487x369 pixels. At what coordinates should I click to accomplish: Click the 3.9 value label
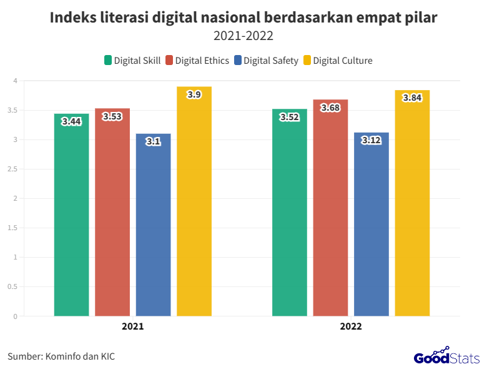[194, 94]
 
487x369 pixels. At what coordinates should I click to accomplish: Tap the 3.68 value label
[330, 108]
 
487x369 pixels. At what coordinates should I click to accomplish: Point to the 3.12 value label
[371, 141]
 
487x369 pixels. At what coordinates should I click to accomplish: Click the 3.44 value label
[72, 122]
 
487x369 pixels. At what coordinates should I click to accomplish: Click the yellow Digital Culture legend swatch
[307, 61]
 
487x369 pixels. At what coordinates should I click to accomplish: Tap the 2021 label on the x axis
[132, 326]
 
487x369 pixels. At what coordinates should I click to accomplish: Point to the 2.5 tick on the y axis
[12, 169]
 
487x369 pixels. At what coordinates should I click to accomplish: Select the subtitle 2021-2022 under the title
[243, 36]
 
